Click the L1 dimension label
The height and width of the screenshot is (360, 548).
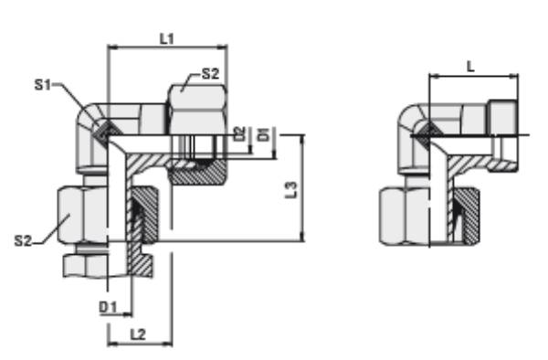(x=167, y=38)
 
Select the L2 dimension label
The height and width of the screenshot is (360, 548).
(x=138, y=334)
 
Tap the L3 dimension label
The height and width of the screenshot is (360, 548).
(x=291, y=190)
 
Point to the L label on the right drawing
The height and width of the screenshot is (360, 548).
(x=470, y=67)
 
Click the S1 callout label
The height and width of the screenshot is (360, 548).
(x=43, y=85)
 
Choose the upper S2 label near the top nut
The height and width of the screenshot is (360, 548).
(x=210, y=74)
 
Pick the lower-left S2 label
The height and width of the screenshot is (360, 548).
(x=23, y=241)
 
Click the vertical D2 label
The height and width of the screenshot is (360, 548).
(x=241, y=134)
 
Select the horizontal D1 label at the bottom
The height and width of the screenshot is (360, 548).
(x=108, y=307)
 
